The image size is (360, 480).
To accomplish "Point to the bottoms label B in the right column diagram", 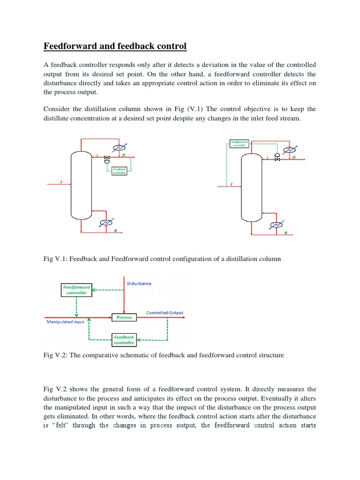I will pyautogui.click(x=286, y=233).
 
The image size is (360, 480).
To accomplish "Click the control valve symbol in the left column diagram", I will pyautogui.click(x=107, y=158).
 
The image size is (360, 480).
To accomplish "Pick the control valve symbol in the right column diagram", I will pyautogui.click(x=277, y=157).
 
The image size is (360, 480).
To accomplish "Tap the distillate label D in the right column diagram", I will pyautogui.click(x=294, y=157).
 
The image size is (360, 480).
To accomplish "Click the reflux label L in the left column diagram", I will pyautogui.click(x=97, y=155).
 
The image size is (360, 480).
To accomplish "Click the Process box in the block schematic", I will pyautogui.click(x=124, y=317).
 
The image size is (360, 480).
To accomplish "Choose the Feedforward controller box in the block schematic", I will pyautogui.click(x=76, y=290).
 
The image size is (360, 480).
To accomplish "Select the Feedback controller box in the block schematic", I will pyautogui.click(x=124, y=339).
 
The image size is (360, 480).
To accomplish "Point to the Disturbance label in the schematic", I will pyautogui.click(x=139, y=284).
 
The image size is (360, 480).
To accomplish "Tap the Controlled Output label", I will pyautogui.click(x=165, y=313).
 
